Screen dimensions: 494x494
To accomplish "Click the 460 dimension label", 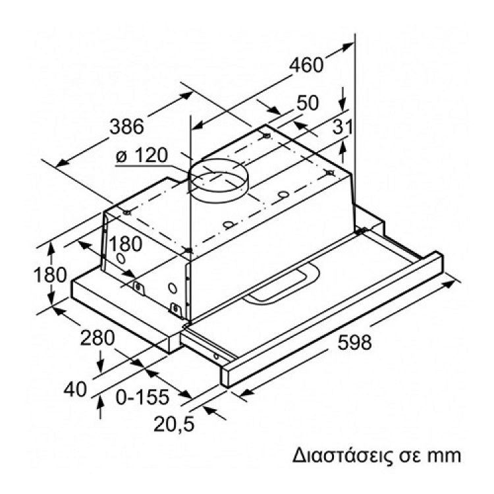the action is tap(306, 65).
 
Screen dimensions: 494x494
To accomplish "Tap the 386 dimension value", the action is tap(126, 126).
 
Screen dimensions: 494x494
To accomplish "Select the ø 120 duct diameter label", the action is tap(142, 155).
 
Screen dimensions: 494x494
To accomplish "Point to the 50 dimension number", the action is tap(307, 103).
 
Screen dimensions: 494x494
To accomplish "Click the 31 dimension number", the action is tap(343, 127).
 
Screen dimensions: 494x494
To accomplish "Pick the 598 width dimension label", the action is tap(354, 342).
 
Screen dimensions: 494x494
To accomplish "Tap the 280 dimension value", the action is tap(97, 338).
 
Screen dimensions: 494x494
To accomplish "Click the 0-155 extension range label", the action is tap(142, 397).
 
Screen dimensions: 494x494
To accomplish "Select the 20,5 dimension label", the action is tap(174, 424).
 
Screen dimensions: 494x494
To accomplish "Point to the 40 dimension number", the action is tap(75, 389).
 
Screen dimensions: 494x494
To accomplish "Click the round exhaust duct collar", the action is tap(217, 180).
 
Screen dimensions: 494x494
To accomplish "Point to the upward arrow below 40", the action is tap(100, 407).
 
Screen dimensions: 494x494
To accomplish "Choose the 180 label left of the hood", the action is tap(50, 274).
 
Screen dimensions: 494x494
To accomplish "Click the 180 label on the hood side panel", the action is tap(126, 244).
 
